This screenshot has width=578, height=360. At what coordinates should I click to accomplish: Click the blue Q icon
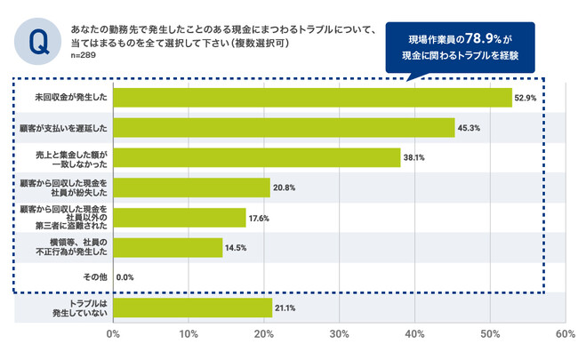pos(38,40)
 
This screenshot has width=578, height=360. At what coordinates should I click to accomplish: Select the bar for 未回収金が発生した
pos(312,97)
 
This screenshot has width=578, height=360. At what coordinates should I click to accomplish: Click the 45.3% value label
pos(469,128)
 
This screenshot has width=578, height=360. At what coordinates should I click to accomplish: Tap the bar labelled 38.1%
pos(257,157)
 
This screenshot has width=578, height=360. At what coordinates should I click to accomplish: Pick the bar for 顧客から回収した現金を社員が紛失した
pos(191,187)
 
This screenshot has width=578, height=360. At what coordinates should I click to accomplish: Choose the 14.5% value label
pos(237,247)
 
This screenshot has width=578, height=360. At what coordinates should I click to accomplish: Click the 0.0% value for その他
pos(125,277)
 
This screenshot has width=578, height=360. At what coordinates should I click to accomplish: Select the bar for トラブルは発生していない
pos(192,308)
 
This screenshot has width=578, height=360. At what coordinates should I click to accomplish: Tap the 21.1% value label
pos(286,308)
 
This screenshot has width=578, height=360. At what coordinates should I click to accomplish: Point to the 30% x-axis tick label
pos(339,335)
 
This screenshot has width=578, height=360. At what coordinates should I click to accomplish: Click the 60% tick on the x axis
pos(564,335)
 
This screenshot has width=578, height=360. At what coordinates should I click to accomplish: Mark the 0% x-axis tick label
pos(113,335)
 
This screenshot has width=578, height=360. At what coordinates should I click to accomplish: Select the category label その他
pos(95,277)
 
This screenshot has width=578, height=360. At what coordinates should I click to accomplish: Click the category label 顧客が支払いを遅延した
pos(64,127)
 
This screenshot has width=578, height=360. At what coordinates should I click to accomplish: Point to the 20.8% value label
pos(285,188)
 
